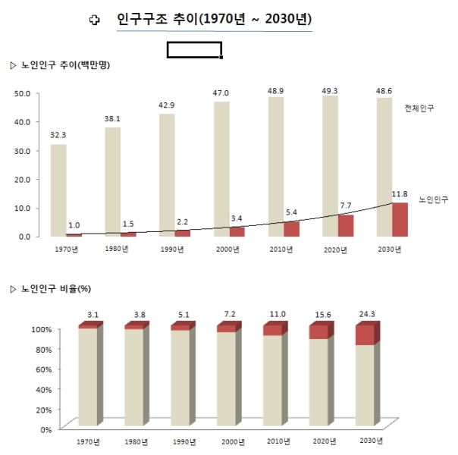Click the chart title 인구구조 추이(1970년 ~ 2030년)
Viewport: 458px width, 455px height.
click(215, 19)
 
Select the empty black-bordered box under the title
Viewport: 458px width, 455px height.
click(194, 50)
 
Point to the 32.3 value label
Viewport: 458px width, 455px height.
click(58, 135)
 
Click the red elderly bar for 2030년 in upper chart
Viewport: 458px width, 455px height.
click(400, 219)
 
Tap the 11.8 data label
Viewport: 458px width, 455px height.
click(400, 194)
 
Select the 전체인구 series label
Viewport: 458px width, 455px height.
click(419, 109)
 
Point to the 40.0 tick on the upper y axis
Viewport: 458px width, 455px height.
click(22, 121)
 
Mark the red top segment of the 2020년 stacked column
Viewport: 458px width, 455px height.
click(318, 332)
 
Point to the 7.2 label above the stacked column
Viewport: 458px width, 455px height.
click(228, 313)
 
